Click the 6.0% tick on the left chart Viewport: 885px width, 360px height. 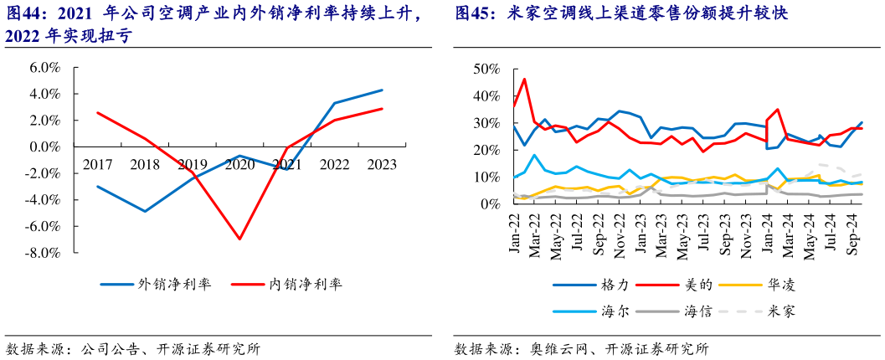[x=45, y=68]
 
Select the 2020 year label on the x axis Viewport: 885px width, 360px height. [x=240, y=164]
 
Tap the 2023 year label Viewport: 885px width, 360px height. [x=382, y=164]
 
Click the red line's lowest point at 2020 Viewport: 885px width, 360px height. [x=240, y=239]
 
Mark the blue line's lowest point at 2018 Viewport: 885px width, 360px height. [x=146, y=211]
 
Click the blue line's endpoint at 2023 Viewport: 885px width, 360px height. [x=383, y=90]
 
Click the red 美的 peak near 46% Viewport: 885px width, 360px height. [x=525, y=80]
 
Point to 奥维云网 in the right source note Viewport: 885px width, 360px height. [x=556, y=348]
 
